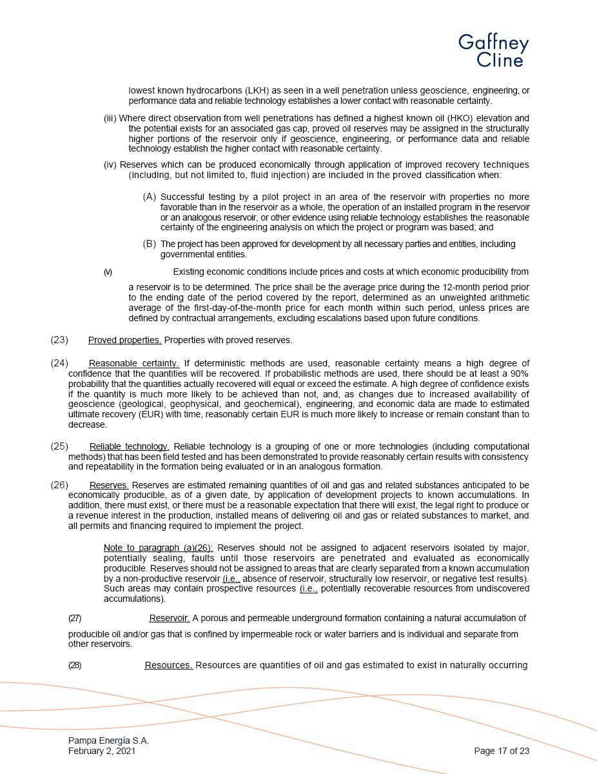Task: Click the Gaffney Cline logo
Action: (493, 51)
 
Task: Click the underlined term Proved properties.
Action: (124, 340)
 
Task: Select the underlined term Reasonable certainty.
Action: (133, 363)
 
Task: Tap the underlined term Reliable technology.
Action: (129, 446)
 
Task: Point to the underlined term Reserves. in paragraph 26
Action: (109, 485)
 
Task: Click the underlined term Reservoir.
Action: (169, 618)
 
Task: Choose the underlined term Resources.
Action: (168, 665)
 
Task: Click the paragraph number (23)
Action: (59, 340)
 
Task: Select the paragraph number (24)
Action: (59, 363)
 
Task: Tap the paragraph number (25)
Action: (59, 446)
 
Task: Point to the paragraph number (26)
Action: (59, 485)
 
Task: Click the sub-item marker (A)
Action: (150, 197)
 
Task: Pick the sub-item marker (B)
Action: (150, 244)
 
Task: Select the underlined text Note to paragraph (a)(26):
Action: (158, 548)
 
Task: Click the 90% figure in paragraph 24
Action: (520, 373)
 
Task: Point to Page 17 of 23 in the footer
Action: (501, 751)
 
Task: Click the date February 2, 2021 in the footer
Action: (102, 751)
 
